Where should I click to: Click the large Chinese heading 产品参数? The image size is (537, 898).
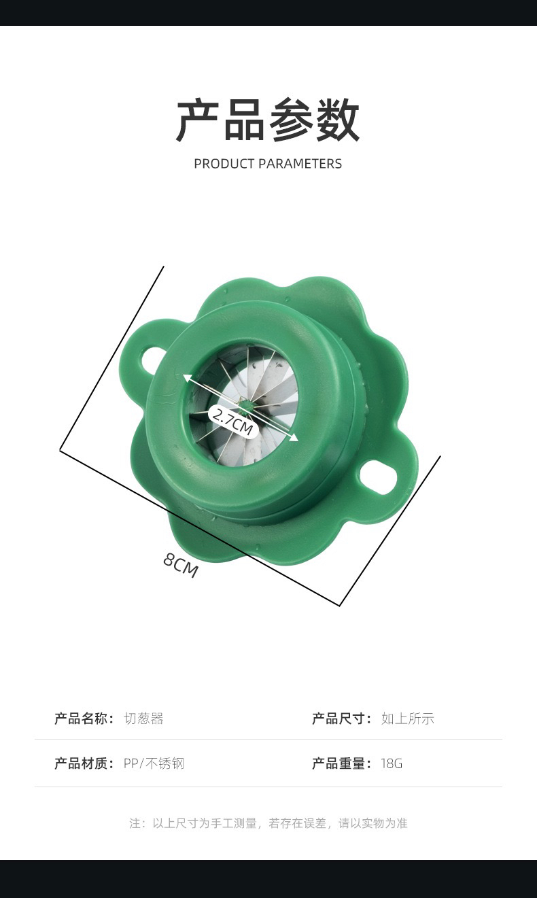coord(268,120)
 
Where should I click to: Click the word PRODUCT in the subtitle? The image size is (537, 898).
coord(224,164)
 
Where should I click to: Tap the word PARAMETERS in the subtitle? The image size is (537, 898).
coord(300,164)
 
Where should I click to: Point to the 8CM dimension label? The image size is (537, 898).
coord(181,566)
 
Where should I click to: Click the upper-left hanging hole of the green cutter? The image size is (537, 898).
coord(149,359)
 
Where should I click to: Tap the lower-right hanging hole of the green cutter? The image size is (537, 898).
coord(378,477)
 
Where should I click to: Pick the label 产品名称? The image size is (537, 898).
coord(82,719)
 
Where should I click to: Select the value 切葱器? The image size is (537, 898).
coord(144,719)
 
